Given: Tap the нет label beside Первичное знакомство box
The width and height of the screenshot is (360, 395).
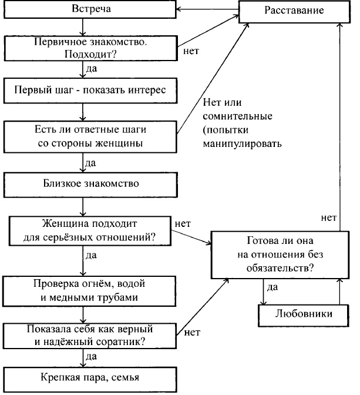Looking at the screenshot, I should click(x=191, y=51).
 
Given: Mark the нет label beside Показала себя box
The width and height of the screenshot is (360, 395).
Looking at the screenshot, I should click(x=191, y=332).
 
